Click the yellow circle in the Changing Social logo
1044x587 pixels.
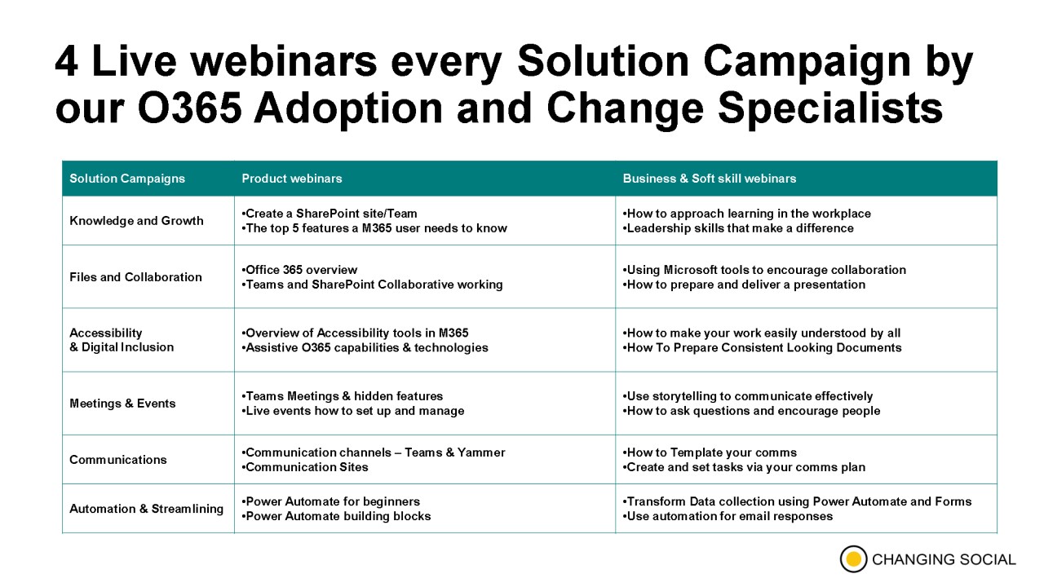click(853, 558)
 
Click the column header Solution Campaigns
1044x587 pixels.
click(127, 179)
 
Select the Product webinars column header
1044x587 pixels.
click(292, 179)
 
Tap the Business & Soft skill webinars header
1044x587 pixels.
click(710, 179)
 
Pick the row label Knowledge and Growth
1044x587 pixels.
click(136, 220)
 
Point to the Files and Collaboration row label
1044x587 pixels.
click(135, 276)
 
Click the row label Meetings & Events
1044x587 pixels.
click(122, 403)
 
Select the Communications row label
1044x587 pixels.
click(118, 459)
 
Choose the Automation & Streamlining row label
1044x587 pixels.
click(146, 508)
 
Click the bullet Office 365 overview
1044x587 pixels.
click(299, 270)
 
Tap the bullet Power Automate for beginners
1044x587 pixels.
click(330, 501)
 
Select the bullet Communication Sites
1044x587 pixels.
click(305, 467)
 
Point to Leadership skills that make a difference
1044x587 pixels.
click(738, 227)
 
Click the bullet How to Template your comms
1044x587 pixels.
click(710, 452)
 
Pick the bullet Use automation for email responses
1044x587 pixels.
click(728, 516)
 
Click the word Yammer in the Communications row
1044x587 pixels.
click(481, 452)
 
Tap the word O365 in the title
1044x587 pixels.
click(190, 108)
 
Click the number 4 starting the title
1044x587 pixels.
click(66, 61)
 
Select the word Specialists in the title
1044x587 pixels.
click(830, 108)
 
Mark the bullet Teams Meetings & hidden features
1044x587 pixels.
click(342, 396)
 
